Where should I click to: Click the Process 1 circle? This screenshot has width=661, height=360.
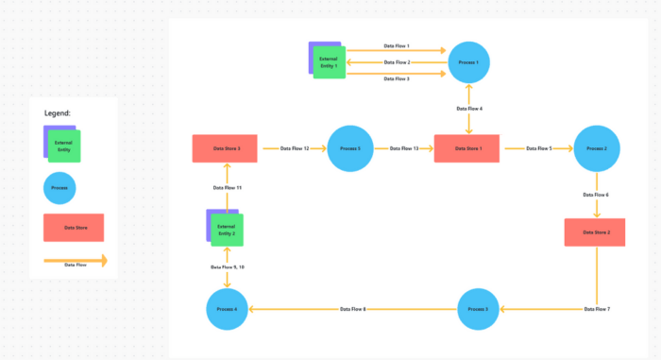[x=469, y=63]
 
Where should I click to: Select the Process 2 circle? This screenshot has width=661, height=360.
[x=596, y=149]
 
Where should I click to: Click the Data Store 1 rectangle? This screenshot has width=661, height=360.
[x=466, y=149]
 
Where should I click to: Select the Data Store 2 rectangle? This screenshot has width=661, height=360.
[x=595, y=232]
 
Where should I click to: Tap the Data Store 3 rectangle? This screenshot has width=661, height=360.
[x=226, y=149]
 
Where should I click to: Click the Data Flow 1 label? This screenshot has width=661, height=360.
[x=397, y=45]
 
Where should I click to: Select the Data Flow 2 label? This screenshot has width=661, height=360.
[x=397, y=62]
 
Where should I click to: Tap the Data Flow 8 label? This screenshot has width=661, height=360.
[x=352, y=309]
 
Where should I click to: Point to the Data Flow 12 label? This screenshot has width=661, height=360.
[x=294, y=148]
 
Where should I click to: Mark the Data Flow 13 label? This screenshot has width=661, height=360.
[x=403, y=148]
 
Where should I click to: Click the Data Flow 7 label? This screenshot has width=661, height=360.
[x=597, y=309]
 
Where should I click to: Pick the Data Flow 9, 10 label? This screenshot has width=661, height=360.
[x=228, y=267]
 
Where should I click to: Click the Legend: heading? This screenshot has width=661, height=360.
[x=58, y=112]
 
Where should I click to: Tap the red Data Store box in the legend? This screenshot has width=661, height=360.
[x=74, y=228]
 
